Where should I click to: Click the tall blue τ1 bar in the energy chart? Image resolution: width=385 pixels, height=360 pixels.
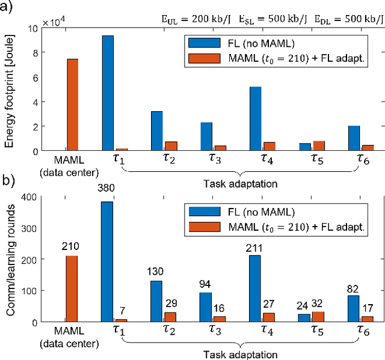coord(108,93)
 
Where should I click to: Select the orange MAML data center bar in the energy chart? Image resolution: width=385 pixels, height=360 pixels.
coord(72,105)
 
